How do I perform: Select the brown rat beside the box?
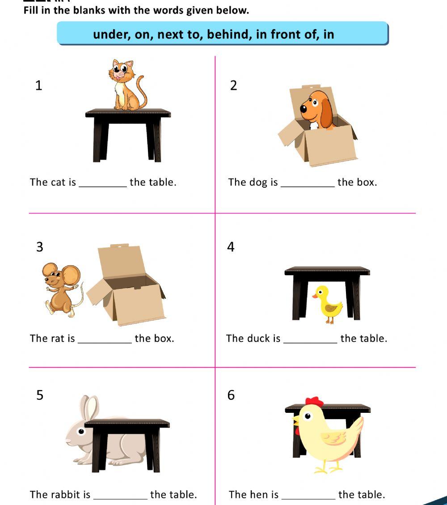point(61,289)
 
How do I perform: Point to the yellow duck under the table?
point(329,304)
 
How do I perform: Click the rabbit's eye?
point(81,432)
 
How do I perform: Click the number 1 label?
point(39,85)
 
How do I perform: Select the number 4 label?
point(231,247)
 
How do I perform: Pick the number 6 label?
point(231,395)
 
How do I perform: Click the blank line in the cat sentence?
point(103,185)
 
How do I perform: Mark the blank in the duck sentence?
point(310,342)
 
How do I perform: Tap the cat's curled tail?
point(143,92)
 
